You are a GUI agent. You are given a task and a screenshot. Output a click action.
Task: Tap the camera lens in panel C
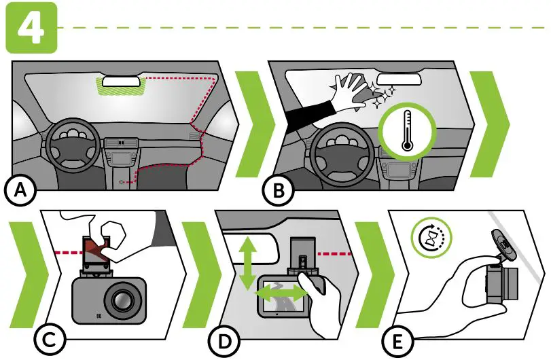click(123, 299)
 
